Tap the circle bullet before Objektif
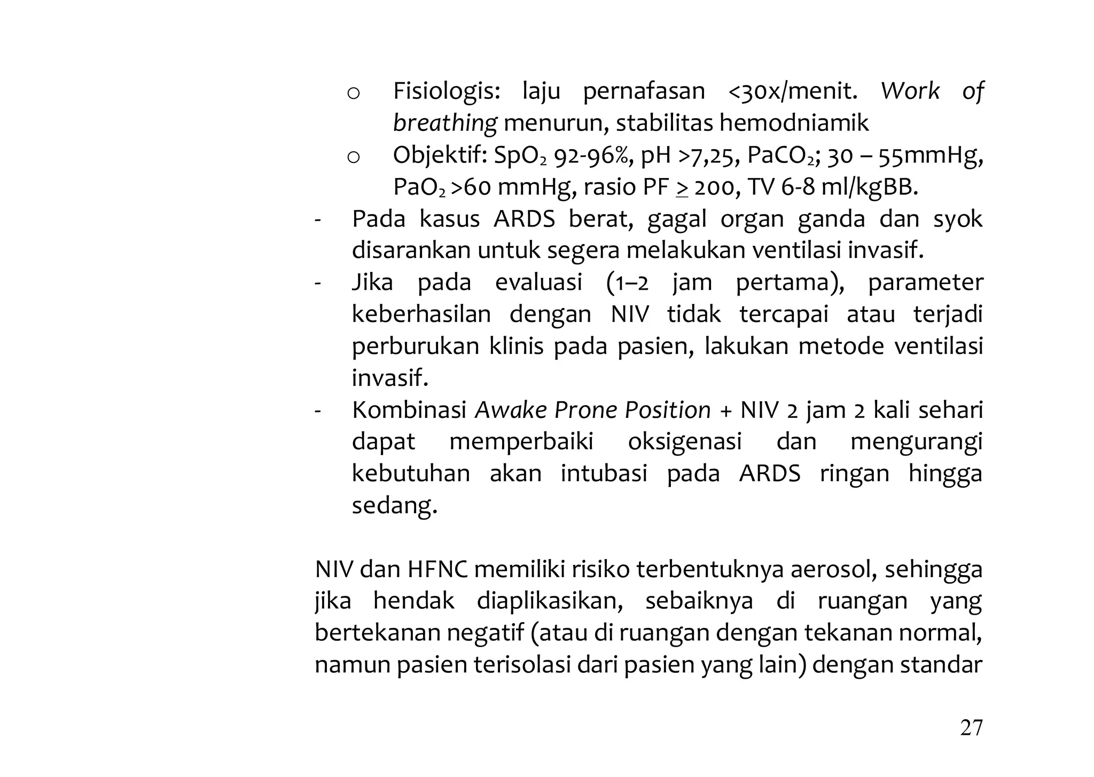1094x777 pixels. [x=353, y=157]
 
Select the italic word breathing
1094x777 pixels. [x=445, y=123]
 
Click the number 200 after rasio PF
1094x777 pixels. [x=714, y=188]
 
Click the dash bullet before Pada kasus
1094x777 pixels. [x=318, y=220]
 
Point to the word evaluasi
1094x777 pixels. [x=538, y=283]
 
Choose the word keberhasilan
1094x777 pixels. [x=421, y=314]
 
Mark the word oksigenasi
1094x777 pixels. [x=685, y=442]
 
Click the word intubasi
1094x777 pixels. [x=604, y=474]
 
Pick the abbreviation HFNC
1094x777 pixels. [x=437, y=570]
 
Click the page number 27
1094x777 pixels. [x=971, y=728]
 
